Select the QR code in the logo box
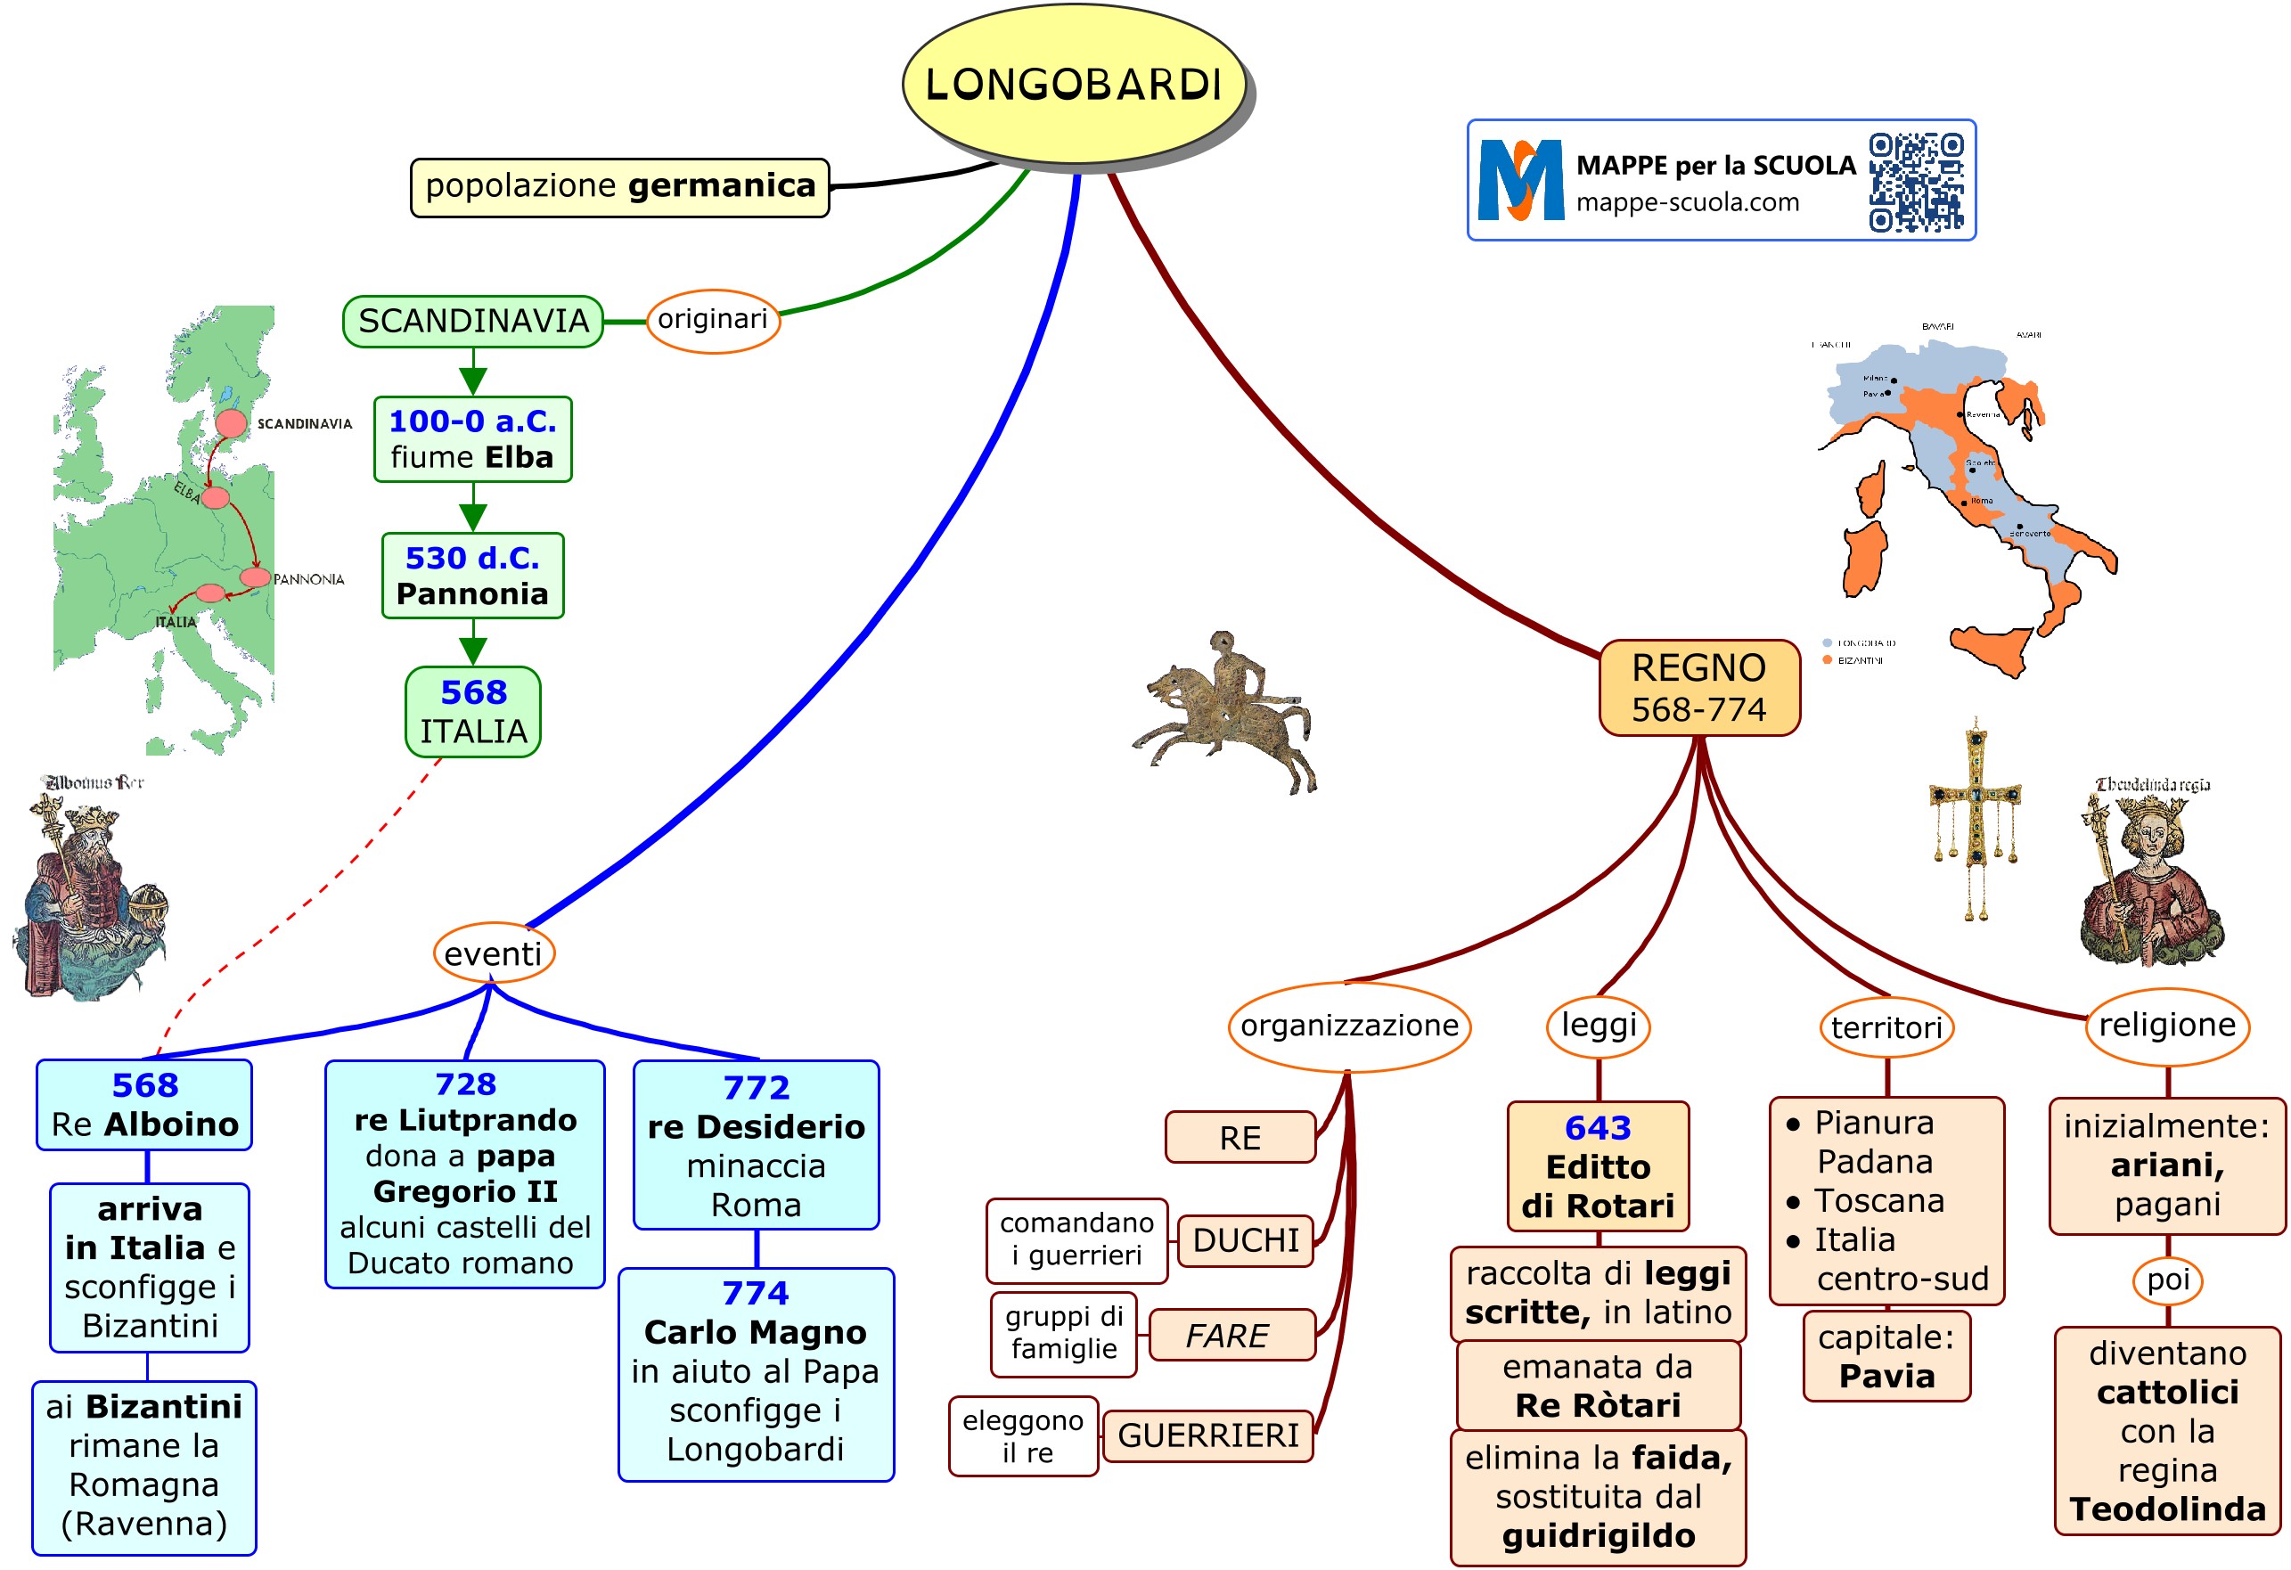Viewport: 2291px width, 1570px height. [1916, 182]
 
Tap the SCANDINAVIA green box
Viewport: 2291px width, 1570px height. [472, 322]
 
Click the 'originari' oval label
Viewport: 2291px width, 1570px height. [713, 319]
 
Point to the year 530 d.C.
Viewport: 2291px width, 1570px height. [472, 558]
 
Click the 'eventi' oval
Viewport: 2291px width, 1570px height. [493, 953]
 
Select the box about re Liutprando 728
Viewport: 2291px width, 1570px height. [464, 1173]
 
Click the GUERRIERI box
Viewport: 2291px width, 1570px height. [1207, 1435]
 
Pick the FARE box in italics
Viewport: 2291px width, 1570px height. [1231, 1336]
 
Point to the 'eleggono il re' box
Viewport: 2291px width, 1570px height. [1023, 1436]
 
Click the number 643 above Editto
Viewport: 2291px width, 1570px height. [1597, 1127]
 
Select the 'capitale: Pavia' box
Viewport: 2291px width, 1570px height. [1886, 1355]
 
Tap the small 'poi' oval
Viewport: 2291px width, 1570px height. [2167, 1280]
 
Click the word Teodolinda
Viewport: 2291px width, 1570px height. [2167, 1509]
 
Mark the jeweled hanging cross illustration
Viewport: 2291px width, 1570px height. [1975, 818]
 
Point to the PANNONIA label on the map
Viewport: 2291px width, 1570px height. [308, 579]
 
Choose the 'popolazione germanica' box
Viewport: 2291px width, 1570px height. [619, 186]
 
